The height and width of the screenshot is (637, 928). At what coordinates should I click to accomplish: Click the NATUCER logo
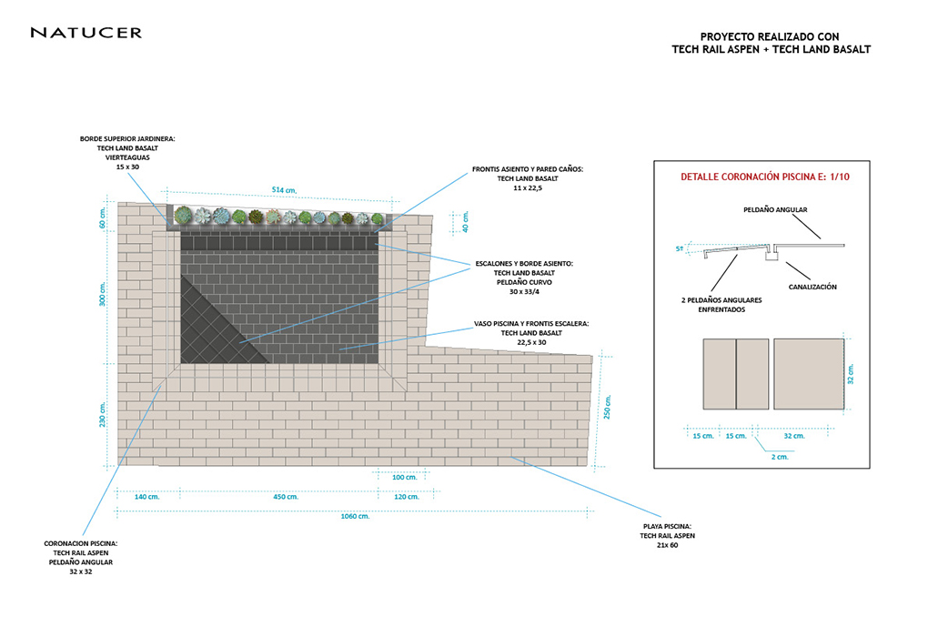pos(86,33)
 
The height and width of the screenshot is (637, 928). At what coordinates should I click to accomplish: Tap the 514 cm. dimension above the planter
pos(284,190)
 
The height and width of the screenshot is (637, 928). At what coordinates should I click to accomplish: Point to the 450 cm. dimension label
pos(286,497)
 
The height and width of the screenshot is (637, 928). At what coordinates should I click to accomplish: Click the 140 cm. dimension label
pos(146,497)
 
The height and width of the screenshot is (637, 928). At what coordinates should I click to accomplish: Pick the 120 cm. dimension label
pos(407,497)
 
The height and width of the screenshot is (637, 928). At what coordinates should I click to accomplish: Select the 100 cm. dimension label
pos(404,477)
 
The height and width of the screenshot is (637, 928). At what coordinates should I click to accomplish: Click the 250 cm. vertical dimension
pos(607,407)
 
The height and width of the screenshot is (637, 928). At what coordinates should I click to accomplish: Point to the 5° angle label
pos(680,248)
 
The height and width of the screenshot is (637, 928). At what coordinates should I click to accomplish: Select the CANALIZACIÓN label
pos(812,287)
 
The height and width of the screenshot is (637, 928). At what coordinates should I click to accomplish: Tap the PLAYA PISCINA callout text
pos(667,535)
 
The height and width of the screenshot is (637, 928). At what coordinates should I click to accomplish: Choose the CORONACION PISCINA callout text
pos(81,557)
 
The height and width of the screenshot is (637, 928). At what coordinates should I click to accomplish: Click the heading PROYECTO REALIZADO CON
pos(770,37)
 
